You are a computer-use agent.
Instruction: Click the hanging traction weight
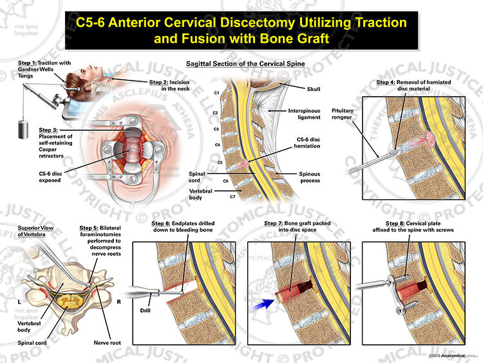(23, 129)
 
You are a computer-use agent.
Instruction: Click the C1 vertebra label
(216, 93)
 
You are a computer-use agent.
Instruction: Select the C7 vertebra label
(232, 197)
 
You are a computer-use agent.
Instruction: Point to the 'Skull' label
(314, 89)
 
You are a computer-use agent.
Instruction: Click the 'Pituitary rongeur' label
(342, 114)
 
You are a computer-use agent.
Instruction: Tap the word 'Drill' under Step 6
(145, 310)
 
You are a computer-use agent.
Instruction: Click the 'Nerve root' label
(107, 342)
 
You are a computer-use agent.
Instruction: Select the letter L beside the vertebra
(19, 302)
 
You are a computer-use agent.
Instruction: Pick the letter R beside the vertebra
(118, 302)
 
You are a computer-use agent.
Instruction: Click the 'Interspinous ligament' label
(304, 114)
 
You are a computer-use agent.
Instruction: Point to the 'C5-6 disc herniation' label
(307, 142)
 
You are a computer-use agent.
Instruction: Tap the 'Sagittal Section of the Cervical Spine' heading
(245, 64)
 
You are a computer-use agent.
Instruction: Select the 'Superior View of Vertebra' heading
(35, 231)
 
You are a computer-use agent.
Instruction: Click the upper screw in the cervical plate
(402, 279)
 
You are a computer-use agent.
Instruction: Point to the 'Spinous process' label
(310, 177)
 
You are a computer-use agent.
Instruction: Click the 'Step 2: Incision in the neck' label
(169, 85)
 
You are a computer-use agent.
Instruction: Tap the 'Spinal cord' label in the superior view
(32, 342)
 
